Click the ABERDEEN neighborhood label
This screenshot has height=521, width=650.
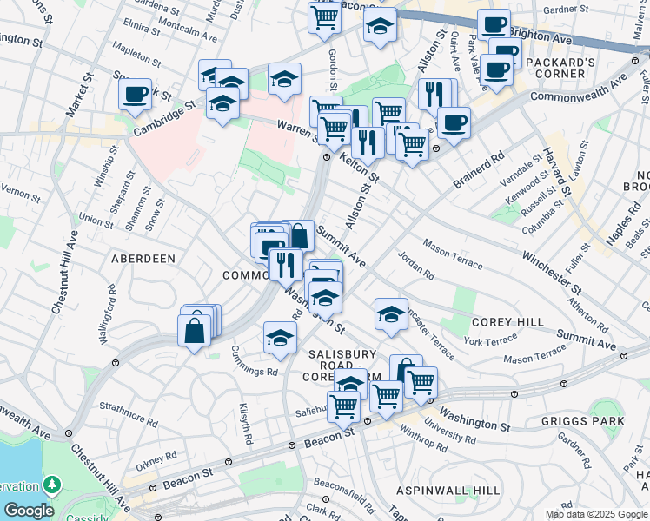(143, 259)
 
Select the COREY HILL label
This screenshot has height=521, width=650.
(507, 321)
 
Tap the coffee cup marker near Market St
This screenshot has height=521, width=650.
(136, 95)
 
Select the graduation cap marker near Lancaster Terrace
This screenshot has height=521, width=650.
(391, 314)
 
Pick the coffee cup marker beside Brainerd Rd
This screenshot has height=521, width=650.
(453, 123)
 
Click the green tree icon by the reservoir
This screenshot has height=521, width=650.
(53, 484)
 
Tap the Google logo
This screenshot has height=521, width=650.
(28, 511)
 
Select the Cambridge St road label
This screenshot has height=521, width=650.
(165, 122)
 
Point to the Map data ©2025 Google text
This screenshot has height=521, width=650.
(596, 514)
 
